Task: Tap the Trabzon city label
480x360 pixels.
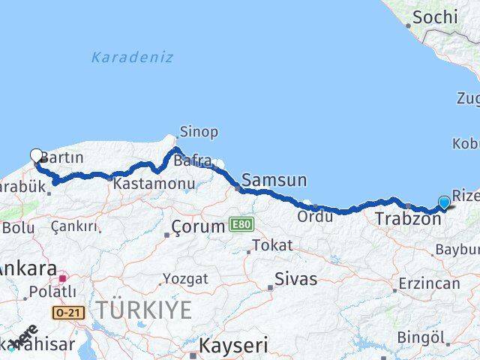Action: click(x=408, y=219)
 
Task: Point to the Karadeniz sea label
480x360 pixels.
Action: click(x=132, y=57)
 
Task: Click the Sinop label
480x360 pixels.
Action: click(x=199, y=132)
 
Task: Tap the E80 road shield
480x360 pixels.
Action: click(x=241, y=223)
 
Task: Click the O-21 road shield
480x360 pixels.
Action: click(x=67, y=310)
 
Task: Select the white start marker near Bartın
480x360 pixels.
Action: click(x=37, y=156)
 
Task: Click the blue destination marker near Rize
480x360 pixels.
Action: click(x=445, y=202)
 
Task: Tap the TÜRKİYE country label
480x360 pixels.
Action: click(x=144, y=309)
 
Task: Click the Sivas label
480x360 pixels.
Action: click(x=295, y=279)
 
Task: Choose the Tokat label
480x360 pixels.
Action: click(x=271, y=245)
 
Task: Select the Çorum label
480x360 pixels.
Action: click(x=198, y=226)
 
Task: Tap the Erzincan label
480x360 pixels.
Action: click(x=429, y=283)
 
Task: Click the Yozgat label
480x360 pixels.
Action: click(x=185, y=278)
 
